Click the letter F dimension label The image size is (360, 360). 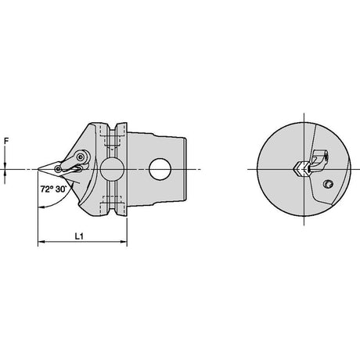coord(6,141)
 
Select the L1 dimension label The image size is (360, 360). coord(79,236)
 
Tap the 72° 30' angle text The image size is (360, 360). coord(53,189)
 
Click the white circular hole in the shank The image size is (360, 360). coord(160,169)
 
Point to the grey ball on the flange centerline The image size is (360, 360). coord(112,169)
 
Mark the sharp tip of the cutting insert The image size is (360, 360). coord(38,169)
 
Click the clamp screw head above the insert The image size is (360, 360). coord(81,157)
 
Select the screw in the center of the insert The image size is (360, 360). coord(58,169)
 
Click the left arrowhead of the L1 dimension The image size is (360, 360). coord(41,242)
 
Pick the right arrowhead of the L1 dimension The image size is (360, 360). coord(124,242)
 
